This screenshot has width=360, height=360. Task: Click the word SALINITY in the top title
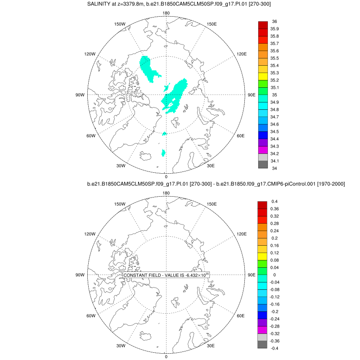coord(101,4)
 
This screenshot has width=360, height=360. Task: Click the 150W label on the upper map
coord(120,24)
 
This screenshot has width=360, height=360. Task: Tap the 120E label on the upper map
coord(242,54)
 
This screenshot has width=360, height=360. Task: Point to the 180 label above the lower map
coord(166,193)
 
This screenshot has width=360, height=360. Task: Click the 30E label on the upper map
coord(211,166)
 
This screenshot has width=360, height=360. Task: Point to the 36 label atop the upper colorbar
coord(274,22)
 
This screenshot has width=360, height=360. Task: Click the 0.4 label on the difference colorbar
coord(274,201)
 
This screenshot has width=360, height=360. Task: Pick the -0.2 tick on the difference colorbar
coord(274,311)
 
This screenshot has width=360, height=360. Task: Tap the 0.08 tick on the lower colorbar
coord(274,260)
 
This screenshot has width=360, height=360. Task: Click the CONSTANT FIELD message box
coord(166,275)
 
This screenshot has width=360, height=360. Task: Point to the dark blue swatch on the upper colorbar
coord(263,135)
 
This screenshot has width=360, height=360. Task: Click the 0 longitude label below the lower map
coord(166,356)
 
